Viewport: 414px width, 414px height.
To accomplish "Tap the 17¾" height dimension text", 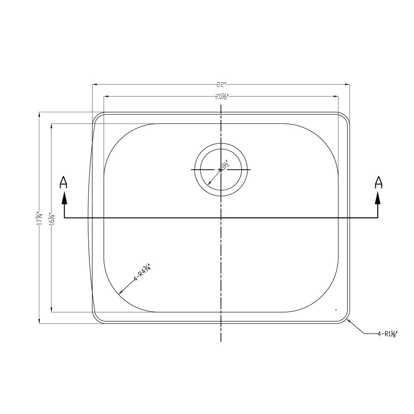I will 38,218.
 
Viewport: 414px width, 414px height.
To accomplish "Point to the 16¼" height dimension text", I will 51,218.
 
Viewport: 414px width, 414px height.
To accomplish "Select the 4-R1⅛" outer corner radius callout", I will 388,333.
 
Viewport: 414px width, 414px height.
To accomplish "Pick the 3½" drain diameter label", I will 224,168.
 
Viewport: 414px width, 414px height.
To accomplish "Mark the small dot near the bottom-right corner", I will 336,310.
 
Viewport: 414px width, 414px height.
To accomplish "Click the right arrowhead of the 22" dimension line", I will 348,84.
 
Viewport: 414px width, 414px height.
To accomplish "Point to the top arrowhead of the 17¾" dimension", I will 39,114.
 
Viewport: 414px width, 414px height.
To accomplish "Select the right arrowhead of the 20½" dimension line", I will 337,97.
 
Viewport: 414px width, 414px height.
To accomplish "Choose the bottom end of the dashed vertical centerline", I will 221,341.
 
